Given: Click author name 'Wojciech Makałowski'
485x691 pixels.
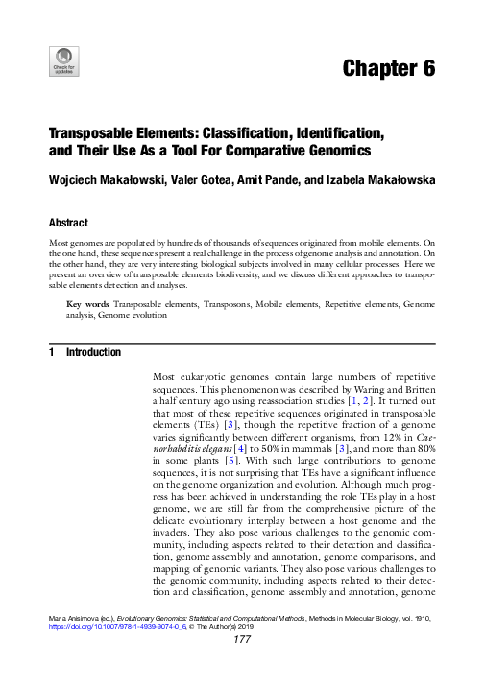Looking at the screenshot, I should (113, 179).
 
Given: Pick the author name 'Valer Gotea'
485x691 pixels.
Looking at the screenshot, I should (219, 179).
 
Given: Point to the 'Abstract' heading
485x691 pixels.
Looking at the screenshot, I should (68, 222).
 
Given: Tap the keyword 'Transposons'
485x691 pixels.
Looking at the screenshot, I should (229, 303).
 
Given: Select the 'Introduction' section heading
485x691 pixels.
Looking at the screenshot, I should (93, 353).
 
